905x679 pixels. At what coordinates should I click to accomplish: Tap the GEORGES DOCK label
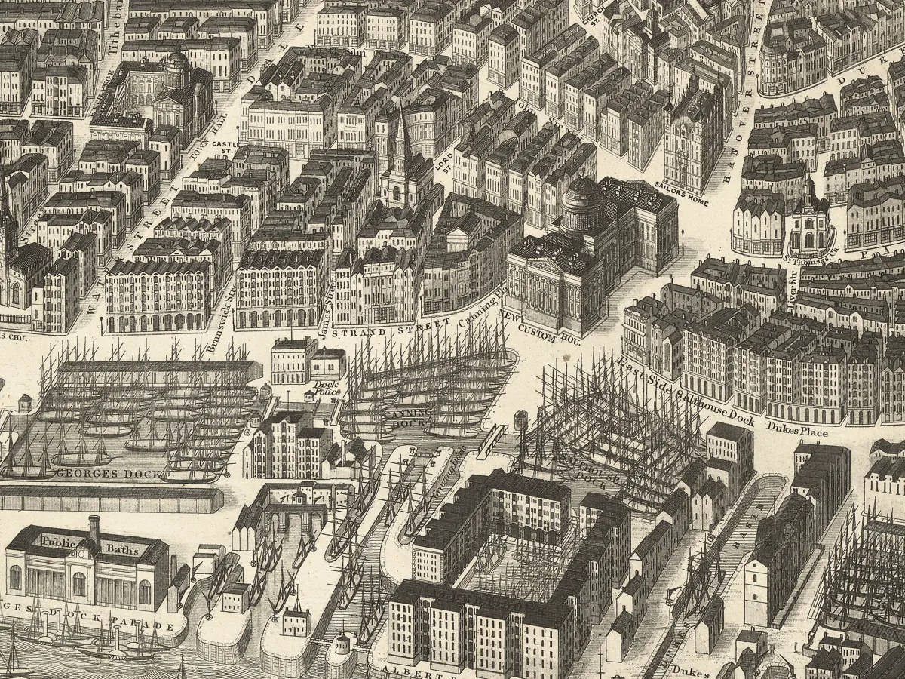102,474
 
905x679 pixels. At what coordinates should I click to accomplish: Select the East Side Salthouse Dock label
686,392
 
